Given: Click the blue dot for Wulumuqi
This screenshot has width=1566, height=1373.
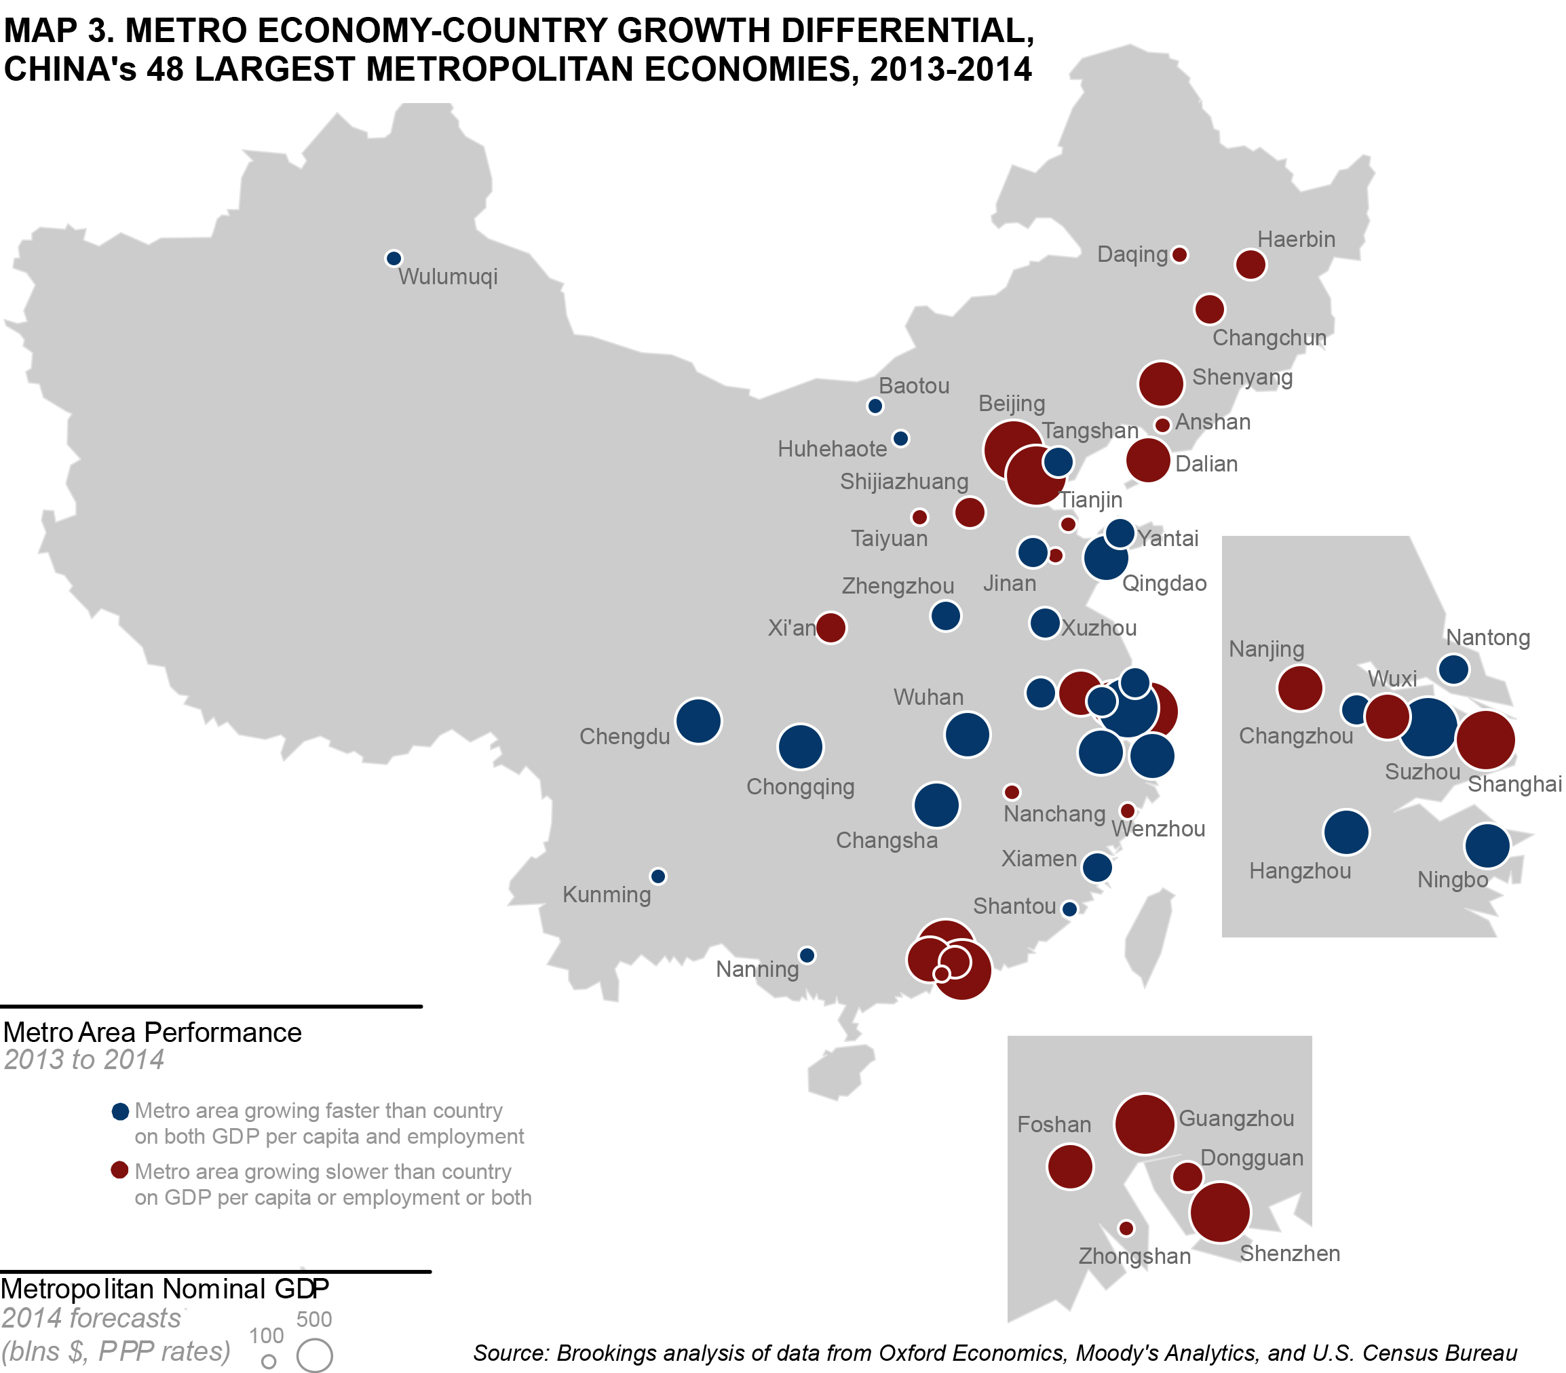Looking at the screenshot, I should click(x=394, y=259).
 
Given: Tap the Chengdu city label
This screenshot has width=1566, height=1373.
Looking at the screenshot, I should click(x=624, y=737).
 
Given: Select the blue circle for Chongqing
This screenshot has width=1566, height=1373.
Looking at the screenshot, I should click(x=801, y=747).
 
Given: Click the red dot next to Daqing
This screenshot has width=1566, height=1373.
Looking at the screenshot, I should click(x=1180, y=254).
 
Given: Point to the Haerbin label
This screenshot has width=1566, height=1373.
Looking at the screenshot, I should click(x=1297, y=240).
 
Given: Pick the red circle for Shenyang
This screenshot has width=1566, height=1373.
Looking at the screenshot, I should click(x=1162, y=384).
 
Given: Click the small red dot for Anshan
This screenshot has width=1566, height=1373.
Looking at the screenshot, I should click(x=1162, y=425).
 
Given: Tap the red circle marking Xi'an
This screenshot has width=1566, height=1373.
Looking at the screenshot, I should click(x=831, y=628).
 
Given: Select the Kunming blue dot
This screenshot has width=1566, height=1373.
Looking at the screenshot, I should click(x=658, y=876).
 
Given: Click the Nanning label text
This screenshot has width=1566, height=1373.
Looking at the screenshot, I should click(x=757, y=970).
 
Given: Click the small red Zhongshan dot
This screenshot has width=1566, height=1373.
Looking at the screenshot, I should click(x=1126, y=1229).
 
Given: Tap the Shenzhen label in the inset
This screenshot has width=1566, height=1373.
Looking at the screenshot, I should click(x=1291, y=1254).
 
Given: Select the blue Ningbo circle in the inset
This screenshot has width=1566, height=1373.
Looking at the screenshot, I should click(x=1487, y=847).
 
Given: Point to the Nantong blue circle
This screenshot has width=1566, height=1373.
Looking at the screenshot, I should click(x=1454, y=670).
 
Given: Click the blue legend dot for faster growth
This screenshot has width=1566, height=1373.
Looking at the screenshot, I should click(x=120, y=1112).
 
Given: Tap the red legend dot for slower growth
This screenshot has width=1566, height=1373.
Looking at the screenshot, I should click(x=119, y=1171).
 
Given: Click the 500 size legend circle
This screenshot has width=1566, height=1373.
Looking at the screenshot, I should click(x=315, y=1355).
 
